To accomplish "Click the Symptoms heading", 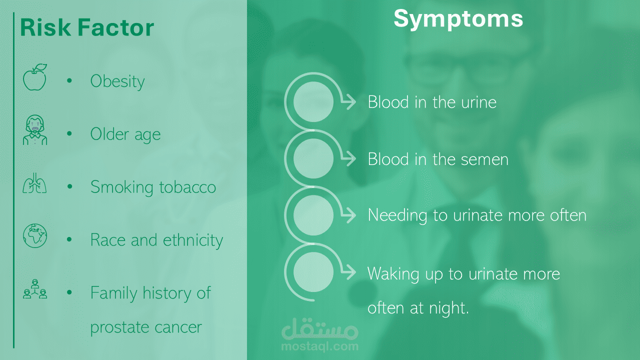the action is click(458, 19).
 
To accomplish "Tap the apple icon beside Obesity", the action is click(35, 77).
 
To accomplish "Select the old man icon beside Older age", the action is click(35, 130).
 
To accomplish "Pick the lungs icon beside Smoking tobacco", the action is click(34, 183).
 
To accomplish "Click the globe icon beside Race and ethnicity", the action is click(35, 235).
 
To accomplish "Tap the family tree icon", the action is click(35, 289).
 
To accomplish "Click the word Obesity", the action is click(117, 81).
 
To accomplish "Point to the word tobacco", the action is click(187, 187).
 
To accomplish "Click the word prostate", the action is click(119, 327).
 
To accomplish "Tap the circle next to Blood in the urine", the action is click(313, 101).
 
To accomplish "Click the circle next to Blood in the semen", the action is click(313, 158).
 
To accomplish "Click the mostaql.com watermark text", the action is click(319, 346).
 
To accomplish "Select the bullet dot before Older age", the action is click(69, 133).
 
